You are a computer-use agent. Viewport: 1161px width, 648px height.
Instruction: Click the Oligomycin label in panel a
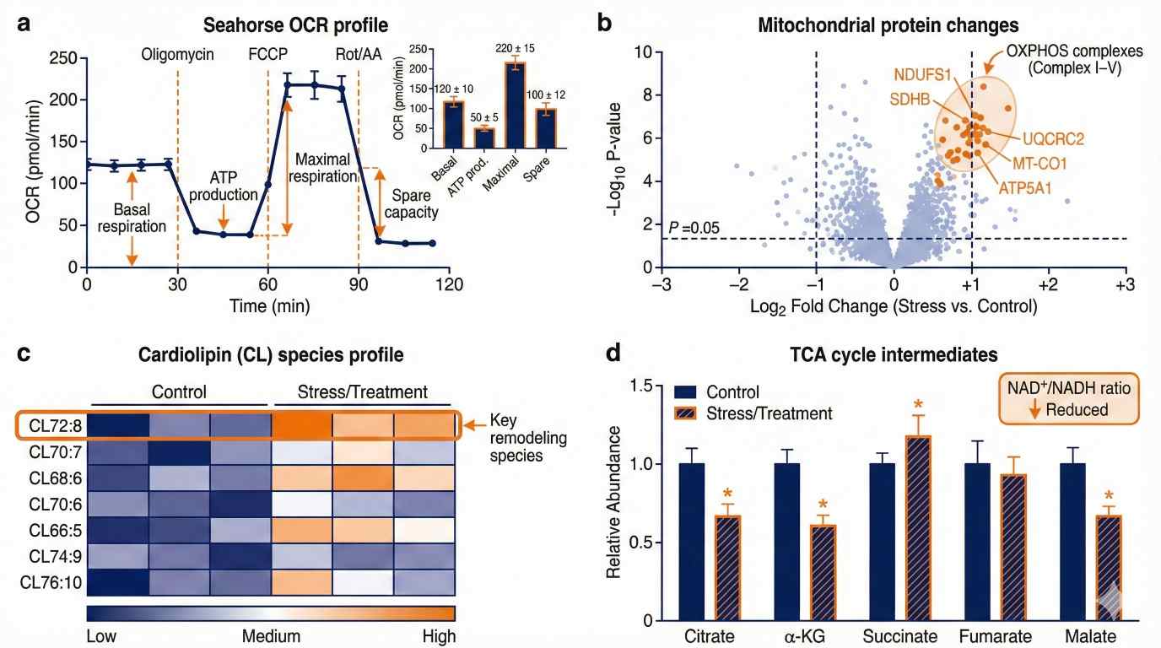(178, 55)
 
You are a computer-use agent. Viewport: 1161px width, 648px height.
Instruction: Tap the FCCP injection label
(267, 55)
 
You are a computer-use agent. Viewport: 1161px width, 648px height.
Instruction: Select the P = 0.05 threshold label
(693, 228)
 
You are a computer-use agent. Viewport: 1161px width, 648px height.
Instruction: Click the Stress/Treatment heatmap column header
(362, 392)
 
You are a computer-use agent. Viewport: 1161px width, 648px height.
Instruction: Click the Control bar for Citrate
(692, 542)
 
